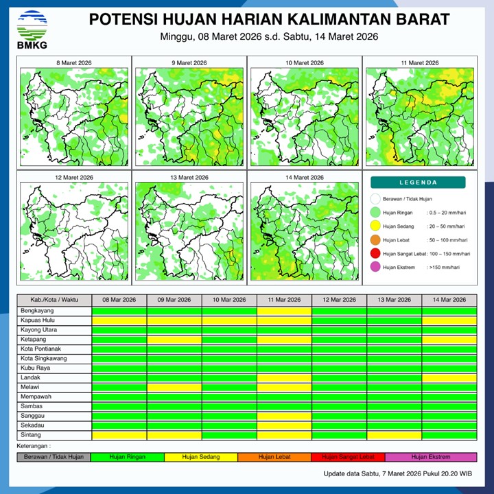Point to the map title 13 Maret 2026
(x=189, y=178)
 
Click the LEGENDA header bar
(x=418, y=183)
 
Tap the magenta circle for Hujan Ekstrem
(x=375, y=268)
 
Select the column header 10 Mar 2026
(x=229, y=300)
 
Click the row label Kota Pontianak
(x=40, y=349)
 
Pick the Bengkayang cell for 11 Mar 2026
(x=284, y=311)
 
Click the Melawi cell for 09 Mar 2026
(x=174, y=387)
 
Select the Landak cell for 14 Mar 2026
(x=449, y=377)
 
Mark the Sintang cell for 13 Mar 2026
(x=394, y=435)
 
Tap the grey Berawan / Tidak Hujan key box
(x=54, y=456)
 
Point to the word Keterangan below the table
(x=34, y=445)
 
